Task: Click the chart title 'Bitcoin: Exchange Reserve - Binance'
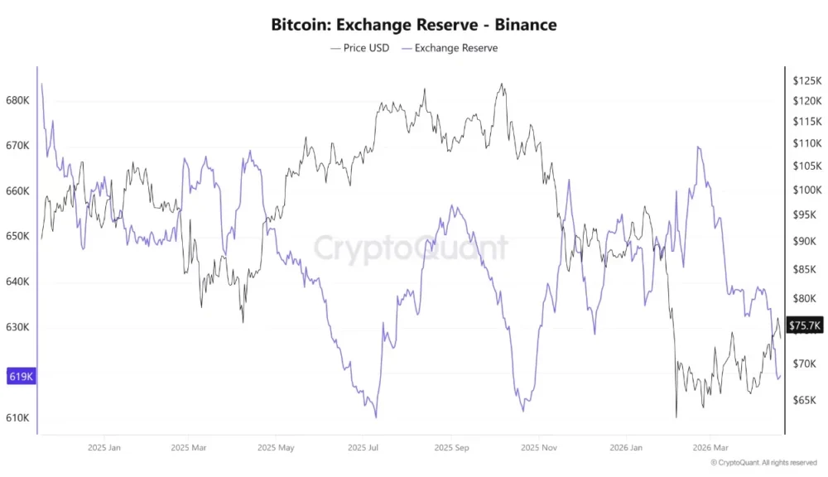(x=414, y=24)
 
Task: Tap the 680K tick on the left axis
(x=17, y=100)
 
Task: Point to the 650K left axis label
(x=17, y=236)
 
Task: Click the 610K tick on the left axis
(x=17, y=417)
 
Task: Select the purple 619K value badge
(x=20, y=377)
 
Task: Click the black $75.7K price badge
(x=805, y=326)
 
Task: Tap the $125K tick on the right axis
(x=806, y=81)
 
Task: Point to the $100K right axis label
(x=806, y=190)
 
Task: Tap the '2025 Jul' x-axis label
(x=363, y=448)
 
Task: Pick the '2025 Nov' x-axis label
(x=538, y=448)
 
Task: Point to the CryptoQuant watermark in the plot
(x=411, y=248)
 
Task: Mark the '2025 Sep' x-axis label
(x=451, y=448)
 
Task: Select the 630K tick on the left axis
(x=17, y=327)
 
